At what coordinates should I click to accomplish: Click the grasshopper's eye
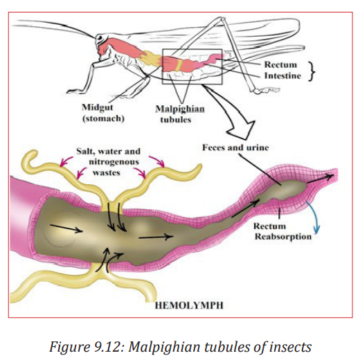(100, 37)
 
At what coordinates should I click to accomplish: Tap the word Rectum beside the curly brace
(280, 64)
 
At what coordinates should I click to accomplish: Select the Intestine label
(282, 75)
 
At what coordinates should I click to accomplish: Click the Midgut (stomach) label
(103, 113)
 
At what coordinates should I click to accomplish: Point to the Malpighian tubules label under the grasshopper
(180, 114)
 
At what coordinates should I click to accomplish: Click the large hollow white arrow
(231, 112)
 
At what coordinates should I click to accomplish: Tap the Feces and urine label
(235, 147)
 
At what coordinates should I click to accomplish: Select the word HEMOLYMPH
(189, 305)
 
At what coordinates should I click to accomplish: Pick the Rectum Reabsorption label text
(282, 231)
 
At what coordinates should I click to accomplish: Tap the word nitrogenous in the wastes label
(114, 162)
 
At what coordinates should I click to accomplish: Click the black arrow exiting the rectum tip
(321, 179)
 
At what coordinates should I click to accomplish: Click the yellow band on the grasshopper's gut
(179, 66)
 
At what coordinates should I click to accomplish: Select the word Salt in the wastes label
(85, 152)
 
